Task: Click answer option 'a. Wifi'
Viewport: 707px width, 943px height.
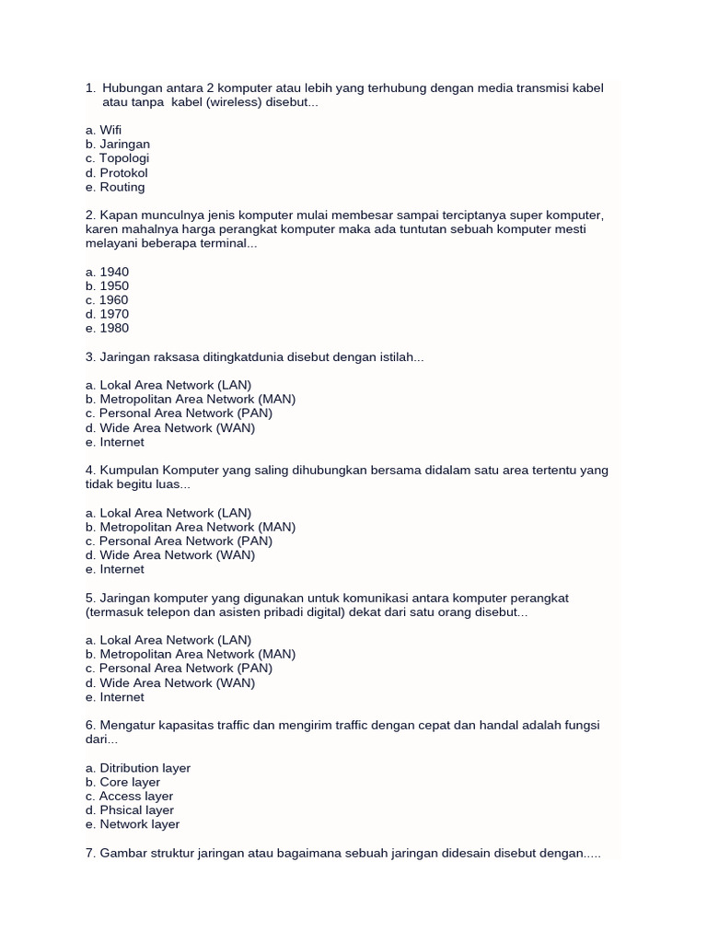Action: pos(103,130)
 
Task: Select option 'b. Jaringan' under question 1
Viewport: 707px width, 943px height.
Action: pos(117,145)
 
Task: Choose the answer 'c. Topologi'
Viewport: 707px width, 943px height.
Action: pos(117,158)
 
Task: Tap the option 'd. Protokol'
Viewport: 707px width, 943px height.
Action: pos(116,173)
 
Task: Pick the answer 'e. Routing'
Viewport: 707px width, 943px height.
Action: pos(115,187)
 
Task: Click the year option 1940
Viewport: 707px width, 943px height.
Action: pos(107,272)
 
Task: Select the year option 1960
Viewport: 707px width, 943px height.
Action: pos(107,300)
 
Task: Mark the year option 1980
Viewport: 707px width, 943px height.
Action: pos(107,329)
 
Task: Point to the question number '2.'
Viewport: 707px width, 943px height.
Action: pos(90,215)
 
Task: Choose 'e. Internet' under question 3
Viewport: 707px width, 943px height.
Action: pos(114,442)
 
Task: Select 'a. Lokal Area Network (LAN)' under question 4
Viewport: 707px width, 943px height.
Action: pos(168,513)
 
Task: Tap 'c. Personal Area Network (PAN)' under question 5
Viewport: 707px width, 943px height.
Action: pos(179,669)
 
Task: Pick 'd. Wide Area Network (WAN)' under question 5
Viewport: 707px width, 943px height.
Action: pos(170,683)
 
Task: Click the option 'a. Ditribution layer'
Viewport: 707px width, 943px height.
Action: pos(138,768)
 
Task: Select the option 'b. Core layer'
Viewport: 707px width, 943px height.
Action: pos(122,783)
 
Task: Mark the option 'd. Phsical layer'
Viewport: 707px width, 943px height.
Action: pos(130,810)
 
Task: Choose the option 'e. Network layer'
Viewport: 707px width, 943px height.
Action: pos(133,825)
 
